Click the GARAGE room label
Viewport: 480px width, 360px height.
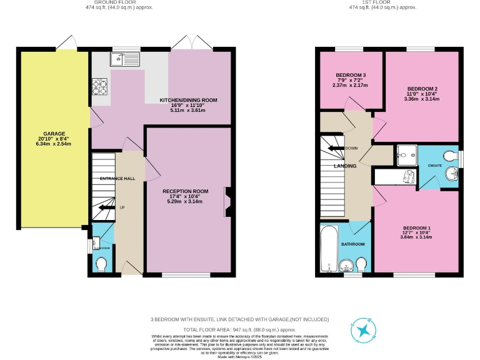54,133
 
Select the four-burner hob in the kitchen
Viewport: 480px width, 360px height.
101,86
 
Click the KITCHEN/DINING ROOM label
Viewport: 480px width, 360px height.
188,100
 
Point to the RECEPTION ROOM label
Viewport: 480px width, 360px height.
185,191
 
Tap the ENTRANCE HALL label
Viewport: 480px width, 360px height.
117,179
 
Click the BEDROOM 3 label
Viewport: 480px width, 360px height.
351,76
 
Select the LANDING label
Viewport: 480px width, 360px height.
345,166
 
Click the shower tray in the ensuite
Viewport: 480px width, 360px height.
406,153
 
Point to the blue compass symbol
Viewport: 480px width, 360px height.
362,331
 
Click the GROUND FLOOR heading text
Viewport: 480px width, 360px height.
118,2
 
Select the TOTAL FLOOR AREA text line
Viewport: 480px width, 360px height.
239,328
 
